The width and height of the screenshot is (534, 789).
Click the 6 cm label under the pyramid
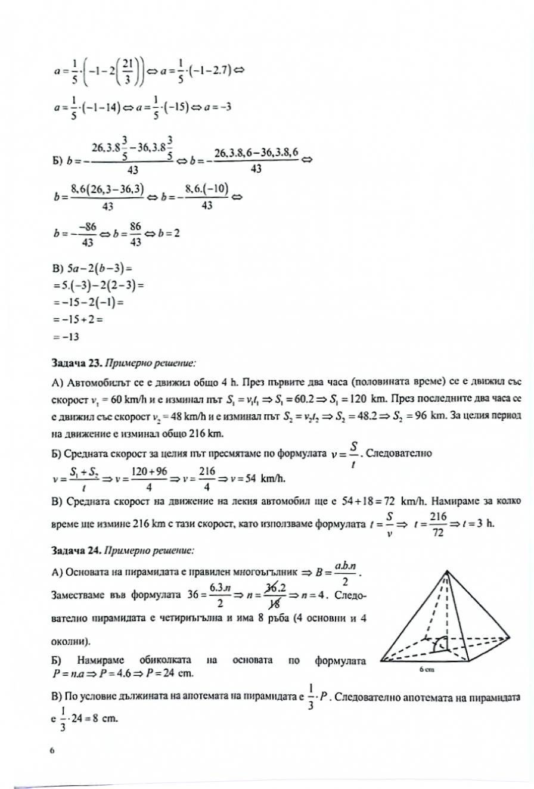point(426,669)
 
